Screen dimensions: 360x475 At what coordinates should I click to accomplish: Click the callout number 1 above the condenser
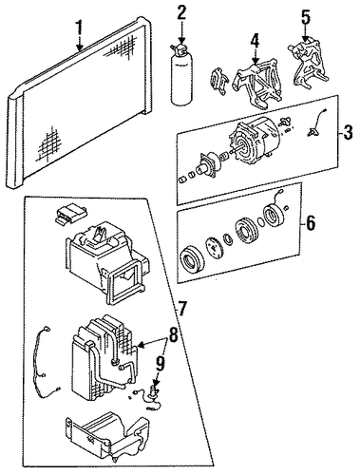(79, 28)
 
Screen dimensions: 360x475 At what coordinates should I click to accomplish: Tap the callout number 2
(181, 12)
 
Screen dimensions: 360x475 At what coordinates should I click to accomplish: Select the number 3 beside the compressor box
(348, 132)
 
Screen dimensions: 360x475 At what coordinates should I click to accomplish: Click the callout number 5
(305, 18)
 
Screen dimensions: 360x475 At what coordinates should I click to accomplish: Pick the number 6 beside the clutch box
(311, 223)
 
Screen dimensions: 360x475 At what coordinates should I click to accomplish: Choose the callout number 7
(181, 308)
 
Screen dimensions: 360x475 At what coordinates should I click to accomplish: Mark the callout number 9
(161, 362)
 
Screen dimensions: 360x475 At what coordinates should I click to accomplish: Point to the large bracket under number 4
(257, 83)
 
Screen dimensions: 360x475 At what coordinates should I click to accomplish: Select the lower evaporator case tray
(107, 438)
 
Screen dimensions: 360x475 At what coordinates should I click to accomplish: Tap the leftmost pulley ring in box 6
(192, 261)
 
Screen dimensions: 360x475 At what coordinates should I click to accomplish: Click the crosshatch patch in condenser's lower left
(50, 144)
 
